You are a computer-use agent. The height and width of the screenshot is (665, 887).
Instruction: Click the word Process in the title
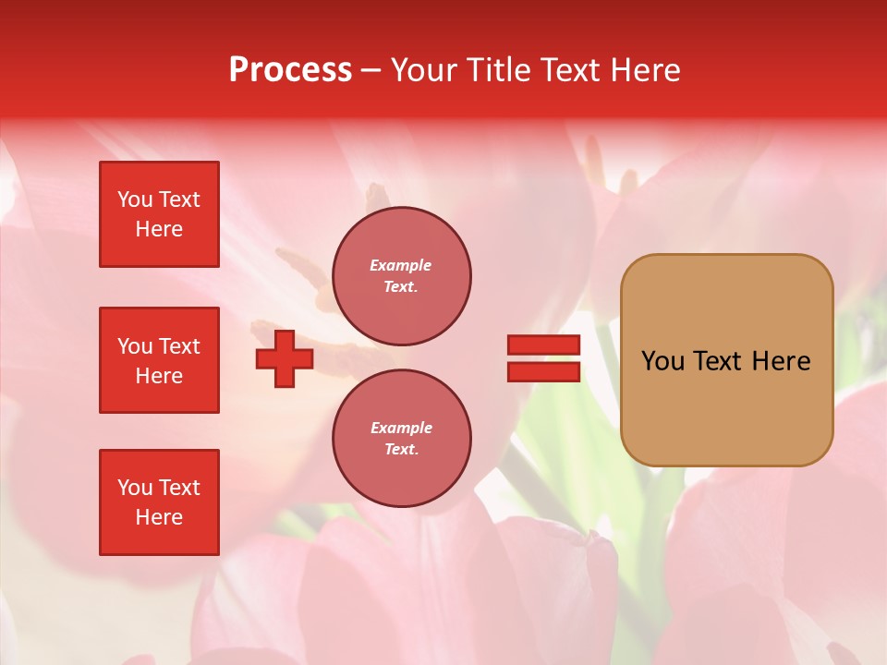coord(290,70)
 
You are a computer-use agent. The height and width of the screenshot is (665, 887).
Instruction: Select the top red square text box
coord(159,214)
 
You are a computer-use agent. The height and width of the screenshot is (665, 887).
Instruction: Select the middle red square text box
coord(159,360)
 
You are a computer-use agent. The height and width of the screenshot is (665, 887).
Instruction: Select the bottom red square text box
coord(159,502)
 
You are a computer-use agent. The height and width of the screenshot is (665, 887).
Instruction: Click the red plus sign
coord(285,358)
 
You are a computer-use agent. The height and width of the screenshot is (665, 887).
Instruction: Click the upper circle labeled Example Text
coord(401,276)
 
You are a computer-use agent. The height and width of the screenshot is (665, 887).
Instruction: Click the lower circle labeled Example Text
coord(401,439)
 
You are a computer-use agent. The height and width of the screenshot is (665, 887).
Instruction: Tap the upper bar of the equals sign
coord(543,345)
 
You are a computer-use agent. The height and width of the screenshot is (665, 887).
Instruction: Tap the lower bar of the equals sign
coord(543,371)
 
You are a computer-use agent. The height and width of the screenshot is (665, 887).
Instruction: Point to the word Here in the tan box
coord(781,361)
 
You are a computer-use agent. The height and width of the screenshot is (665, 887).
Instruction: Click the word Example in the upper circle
coord(401,265)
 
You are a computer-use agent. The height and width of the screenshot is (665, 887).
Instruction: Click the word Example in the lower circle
coord(401,428)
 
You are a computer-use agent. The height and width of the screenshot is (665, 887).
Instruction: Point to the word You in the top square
coord(135,199)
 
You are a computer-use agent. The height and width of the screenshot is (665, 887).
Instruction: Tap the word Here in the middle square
coord(159,376)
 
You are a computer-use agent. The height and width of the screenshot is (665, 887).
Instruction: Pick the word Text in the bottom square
coord(179,488)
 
